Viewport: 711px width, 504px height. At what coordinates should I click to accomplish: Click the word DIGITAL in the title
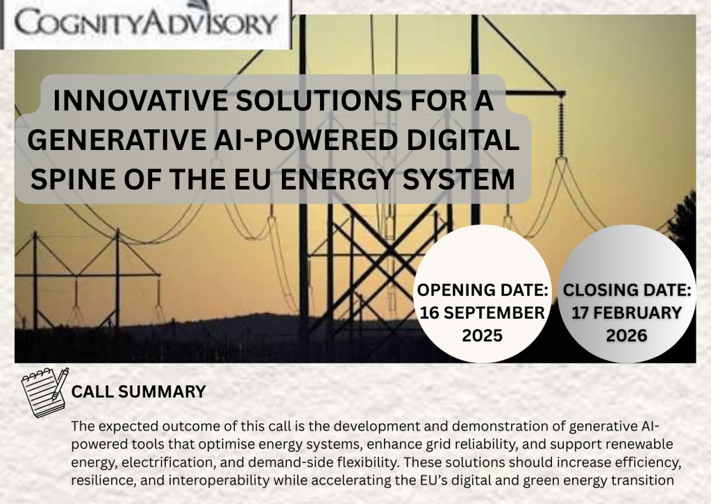pyautogui.click(x=462, y=140)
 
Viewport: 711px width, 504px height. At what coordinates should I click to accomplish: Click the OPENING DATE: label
pyautogui.click(x=483, y=290)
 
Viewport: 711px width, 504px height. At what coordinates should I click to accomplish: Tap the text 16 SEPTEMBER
pyautogui.click(x=482, y=312)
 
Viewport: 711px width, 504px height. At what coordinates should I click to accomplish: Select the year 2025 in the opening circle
pyautogui.click(x=482, y=335)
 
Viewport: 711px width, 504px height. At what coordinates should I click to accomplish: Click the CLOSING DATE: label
pyautogui.click(x=627, y=290)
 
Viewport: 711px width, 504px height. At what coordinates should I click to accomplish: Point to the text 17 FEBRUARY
pyautogui.click(x=627, y=312)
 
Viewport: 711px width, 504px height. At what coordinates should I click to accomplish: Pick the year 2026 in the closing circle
pyautogui.click(x=627, y=335)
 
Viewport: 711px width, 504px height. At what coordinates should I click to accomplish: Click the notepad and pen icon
pyautogui.click(x=45, y=392)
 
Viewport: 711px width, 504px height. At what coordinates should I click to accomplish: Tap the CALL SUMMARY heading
pyautogui.click(x=138, y=392)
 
